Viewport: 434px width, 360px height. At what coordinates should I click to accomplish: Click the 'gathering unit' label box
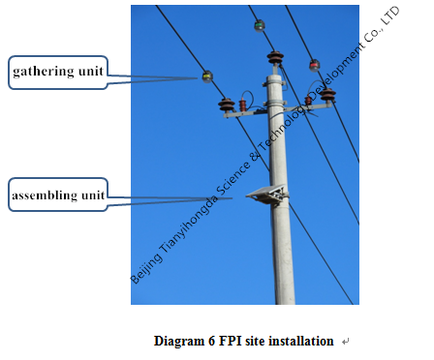[x=56, y=71]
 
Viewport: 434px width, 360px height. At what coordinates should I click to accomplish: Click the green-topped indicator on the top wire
[x=259, y=25]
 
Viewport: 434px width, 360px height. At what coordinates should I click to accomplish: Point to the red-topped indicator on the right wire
[x=314, y=65]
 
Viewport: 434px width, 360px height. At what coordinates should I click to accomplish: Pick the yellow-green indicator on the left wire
[x=206, y=76]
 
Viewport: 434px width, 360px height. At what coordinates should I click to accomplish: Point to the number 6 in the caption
[x=211, y=342]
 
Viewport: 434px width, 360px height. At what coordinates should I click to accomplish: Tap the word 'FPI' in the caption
[x=230, y=342]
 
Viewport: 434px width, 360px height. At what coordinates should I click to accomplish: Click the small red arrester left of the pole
[x=242, y=102]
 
